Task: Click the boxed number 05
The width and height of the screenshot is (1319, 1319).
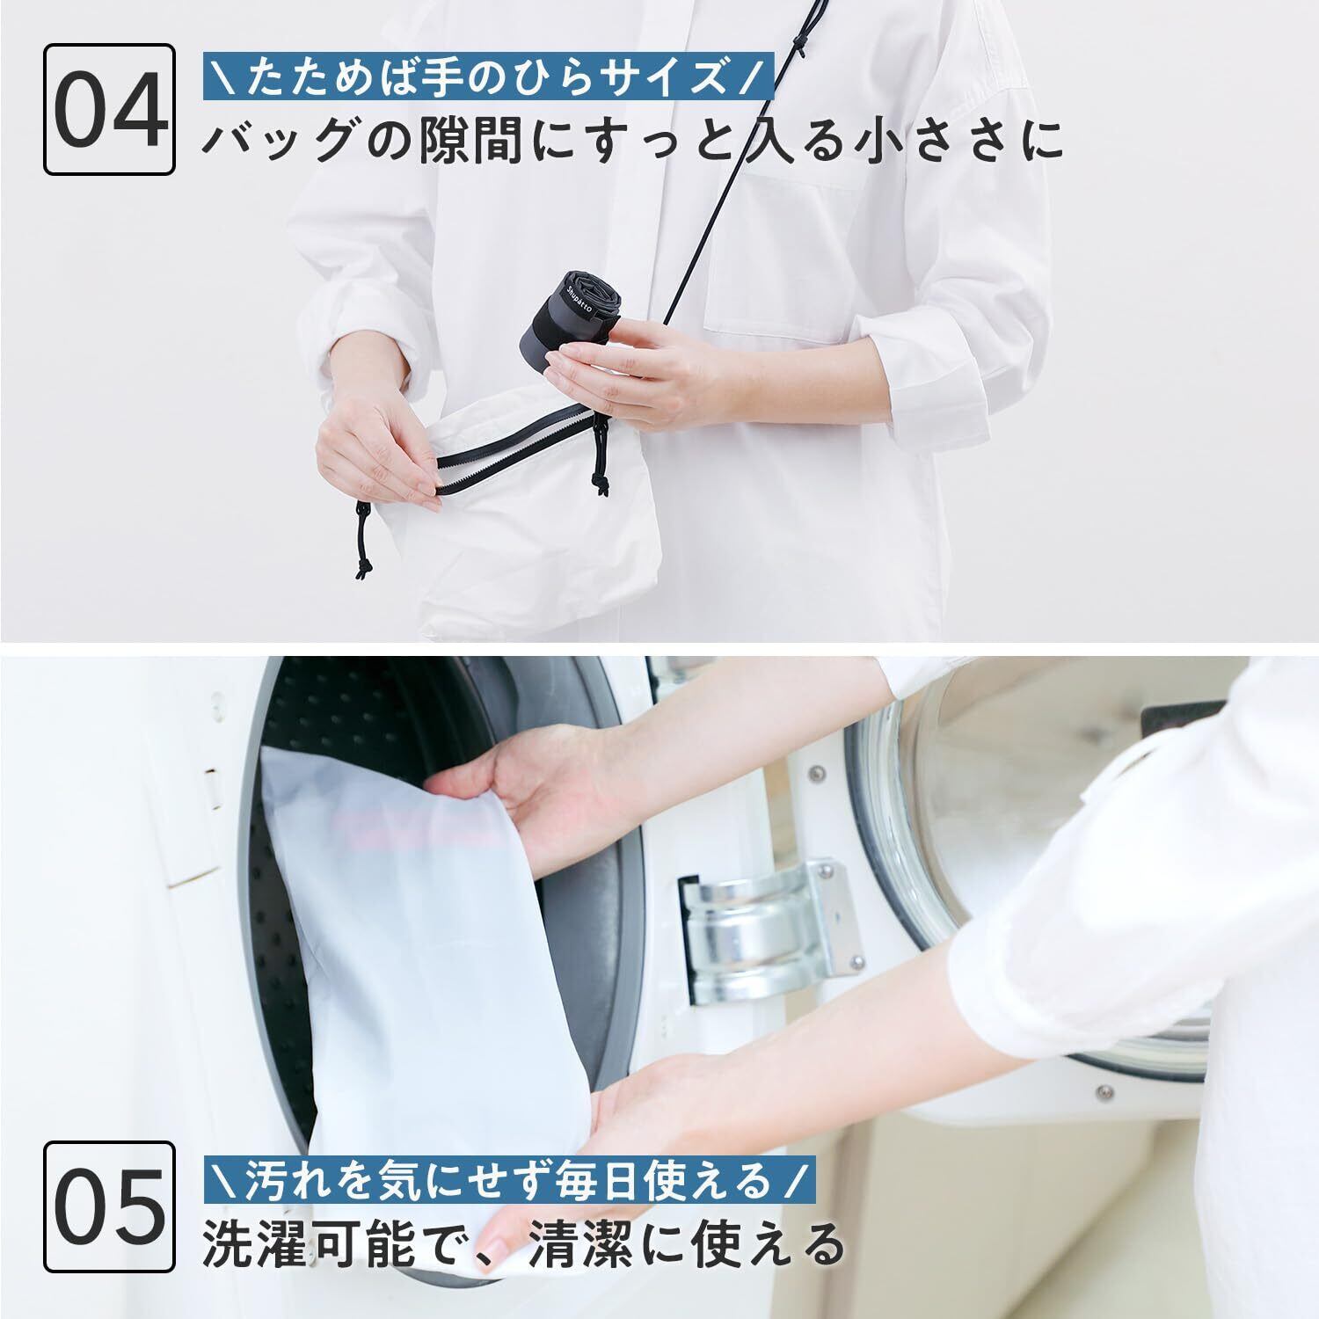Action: pos(109,1206)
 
